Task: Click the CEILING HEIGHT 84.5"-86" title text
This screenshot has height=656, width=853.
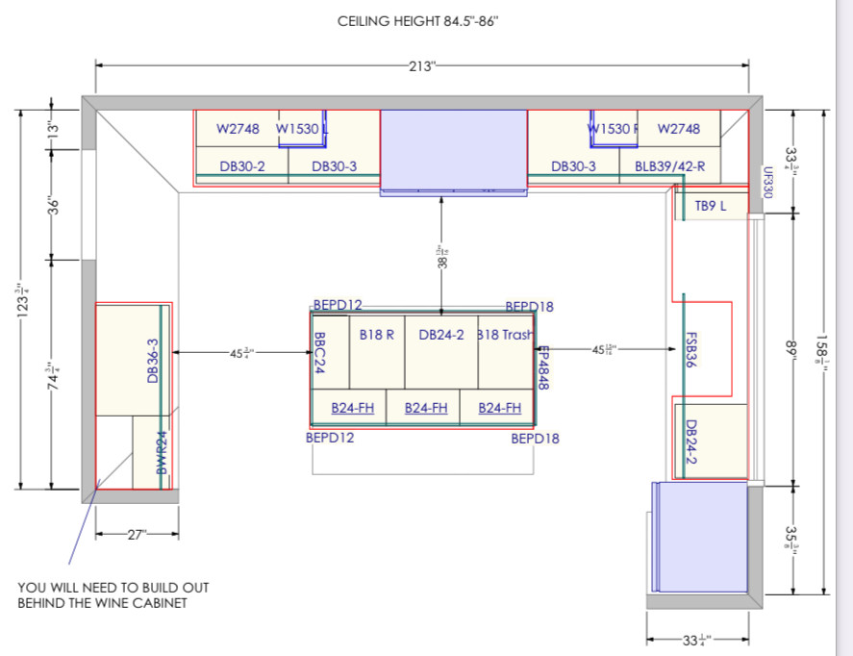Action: click(417, 20)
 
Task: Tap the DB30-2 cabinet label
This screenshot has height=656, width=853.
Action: click(241, 166)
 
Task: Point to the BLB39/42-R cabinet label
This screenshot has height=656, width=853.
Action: click(670, 166)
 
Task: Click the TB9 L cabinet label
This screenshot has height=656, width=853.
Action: click(712, 206)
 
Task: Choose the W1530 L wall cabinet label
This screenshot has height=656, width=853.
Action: click(302, 128)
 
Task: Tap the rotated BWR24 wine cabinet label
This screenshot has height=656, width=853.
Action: click(162, 452)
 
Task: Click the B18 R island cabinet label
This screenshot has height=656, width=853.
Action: click(376, 335)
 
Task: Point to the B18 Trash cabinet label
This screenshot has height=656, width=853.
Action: click(505, 335)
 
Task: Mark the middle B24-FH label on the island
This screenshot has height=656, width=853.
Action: click(426, 408)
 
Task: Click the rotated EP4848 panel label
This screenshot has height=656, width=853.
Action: click(542, 366)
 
